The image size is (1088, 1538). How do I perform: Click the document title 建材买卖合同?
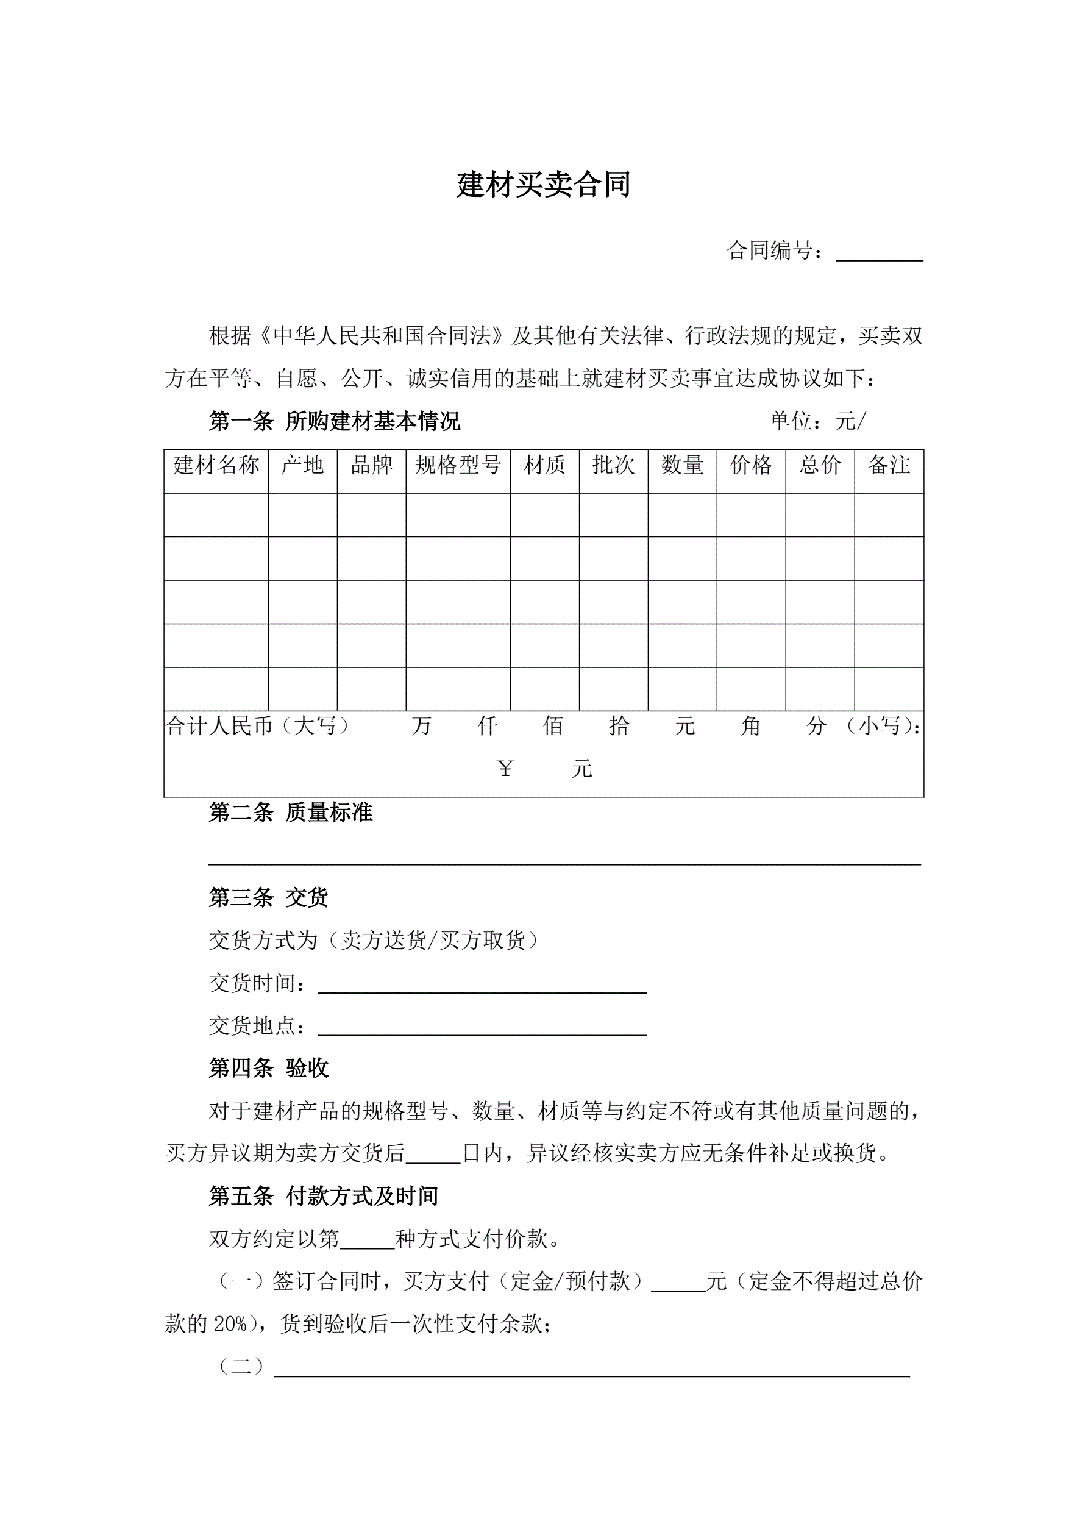click(543, 185)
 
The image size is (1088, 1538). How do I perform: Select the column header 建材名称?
click(216, 465)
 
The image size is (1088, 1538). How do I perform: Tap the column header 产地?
click(302, 465)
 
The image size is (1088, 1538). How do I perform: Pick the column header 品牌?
click(371, 465)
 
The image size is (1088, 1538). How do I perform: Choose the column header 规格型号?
click(458, 465)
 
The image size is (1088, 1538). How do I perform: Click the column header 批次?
click(613, 465)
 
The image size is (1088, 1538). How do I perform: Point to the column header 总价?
click(820, 465)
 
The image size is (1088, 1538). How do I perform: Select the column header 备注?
click(889, 465)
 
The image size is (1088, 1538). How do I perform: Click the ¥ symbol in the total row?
click(505, 768)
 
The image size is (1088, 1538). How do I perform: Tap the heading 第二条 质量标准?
click(290, 813)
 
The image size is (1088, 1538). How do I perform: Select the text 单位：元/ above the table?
click(817, 421)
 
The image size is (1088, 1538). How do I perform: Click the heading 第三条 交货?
click(269, 897)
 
